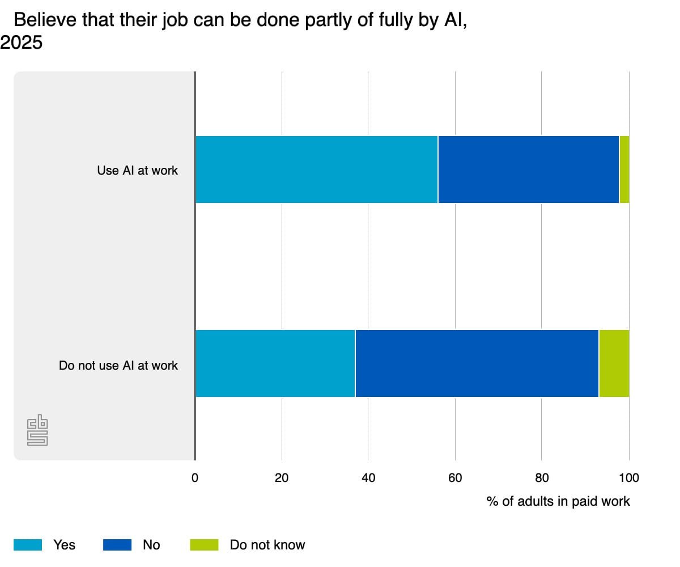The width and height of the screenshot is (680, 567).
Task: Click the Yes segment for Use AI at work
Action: (x=316, y=170)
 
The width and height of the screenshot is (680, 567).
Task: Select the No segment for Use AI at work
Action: (x=528, y=170)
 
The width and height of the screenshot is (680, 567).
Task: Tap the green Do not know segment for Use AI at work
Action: (x=624, y=170)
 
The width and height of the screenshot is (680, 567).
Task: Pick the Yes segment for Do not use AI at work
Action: (x=275, y=363)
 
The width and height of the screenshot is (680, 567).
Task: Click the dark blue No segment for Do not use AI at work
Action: (x=477, y=363)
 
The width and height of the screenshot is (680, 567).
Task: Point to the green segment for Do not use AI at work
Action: (x=614, y=363)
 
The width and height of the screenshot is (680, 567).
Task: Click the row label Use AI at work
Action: (x=137, y=170)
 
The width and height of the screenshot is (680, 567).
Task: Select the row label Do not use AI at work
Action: (x=118, y=366)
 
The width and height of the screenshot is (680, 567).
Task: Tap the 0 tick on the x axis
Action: (x=195, y=478)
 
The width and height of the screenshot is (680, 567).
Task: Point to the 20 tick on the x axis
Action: (x=282, y=478)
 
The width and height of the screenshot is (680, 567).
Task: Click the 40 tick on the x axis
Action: (x=368, y=478)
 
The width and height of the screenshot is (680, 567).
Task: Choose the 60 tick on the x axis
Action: (x=455, y=478)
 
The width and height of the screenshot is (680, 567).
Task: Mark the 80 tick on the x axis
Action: (x=542, y=478)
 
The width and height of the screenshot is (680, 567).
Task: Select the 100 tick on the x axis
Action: (x=628, y=478)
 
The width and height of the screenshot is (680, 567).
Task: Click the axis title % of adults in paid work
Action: (x=558, y=502)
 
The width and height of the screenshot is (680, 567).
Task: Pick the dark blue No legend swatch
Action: (x=117, y=545)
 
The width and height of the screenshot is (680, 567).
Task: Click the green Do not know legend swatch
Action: (x=204, y=545)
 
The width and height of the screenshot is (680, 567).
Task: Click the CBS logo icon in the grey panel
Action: (x=37, y=432)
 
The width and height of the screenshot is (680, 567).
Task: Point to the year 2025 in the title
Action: (x=22, y=43)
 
